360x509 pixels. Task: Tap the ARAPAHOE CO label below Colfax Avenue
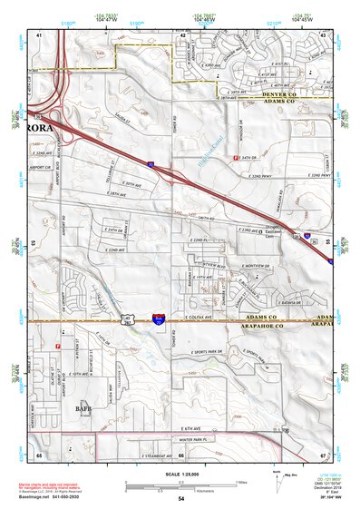(274, 323)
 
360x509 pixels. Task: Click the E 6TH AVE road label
(190, 429)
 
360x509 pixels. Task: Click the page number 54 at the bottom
(180, 499)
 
